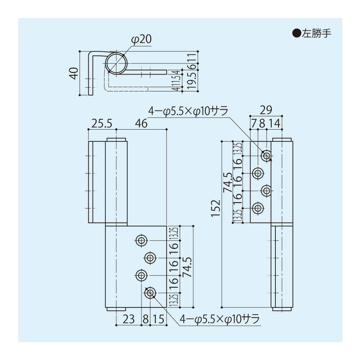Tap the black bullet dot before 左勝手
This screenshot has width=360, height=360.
297,33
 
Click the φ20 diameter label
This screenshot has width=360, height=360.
141,40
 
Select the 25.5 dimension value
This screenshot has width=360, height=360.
102,123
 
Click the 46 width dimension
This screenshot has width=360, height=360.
141,123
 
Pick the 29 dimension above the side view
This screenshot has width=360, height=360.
266,109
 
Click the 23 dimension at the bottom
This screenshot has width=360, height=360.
129,320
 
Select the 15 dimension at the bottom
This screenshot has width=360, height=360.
158,320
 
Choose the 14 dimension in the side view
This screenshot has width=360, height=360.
274,123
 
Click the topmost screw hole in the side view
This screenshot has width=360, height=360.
267,156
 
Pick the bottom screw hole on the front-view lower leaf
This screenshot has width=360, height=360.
150,293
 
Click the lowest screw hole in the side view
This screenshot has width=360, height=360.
258,208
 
